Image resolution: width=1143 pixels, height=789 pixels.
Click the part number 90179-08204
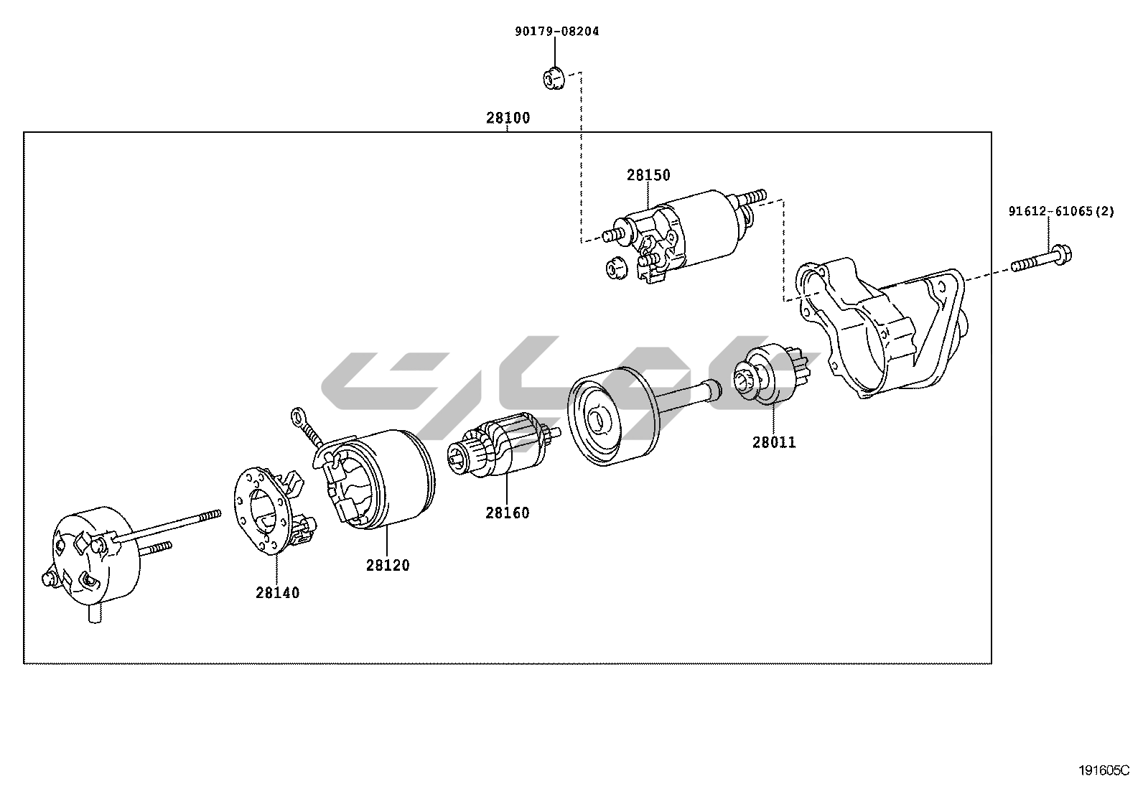(556, 32)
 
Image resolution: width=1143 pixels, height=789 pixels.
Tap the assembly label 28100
(508, 118)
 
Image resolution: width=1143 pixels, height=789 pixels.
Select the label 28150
(648, 175)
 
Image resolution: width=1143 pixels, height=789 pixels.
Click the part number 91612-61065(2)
(1060, 212)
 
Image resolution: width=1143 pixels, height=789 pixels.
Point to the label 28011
(774, 442)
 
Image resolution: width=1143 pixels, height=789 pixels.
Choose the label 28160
(507, 513)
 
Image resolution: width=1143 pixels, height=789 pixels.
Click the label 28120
(388, 565)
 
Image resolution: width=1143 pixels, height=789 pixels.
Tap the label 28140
(277, 593)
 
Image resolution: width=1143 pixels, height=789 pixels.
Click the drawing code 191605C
(1104, 771)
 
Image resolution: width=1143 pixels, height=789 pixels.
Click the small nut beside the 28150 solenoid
(615, 269)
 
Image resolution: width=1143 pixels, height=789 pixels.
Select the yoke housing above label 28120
(381, 481)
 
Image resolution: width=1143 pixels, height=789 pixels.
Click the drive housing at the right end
(883, 323)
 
